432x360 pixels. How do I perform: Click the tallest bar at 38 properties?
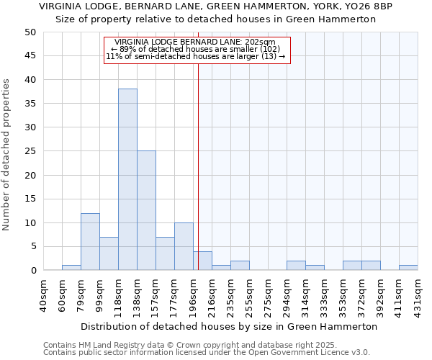pos(127,179)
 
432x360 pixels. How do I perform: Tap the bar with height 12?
pos(90,241)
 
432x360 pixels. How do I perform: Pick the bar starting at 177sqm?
pos(184,246)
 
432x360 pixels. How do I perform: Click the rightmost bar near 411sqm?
pos(408,268)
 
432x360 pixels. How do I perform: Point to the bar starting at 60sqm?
pos(71,268)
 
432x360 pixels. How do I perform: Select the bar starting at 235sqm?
pos(240,266)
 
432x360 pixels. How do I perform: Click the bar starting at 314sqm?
pos(315,268)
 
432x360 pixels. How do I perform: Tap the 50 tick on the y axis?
pos(30,32)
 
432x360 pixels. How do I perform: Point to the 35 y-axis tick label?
pos(30,104)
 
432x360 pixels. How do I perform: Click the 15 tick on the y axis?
pos(30,199)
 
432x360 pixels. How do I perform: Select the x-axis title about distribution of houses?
pos(229,326)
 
